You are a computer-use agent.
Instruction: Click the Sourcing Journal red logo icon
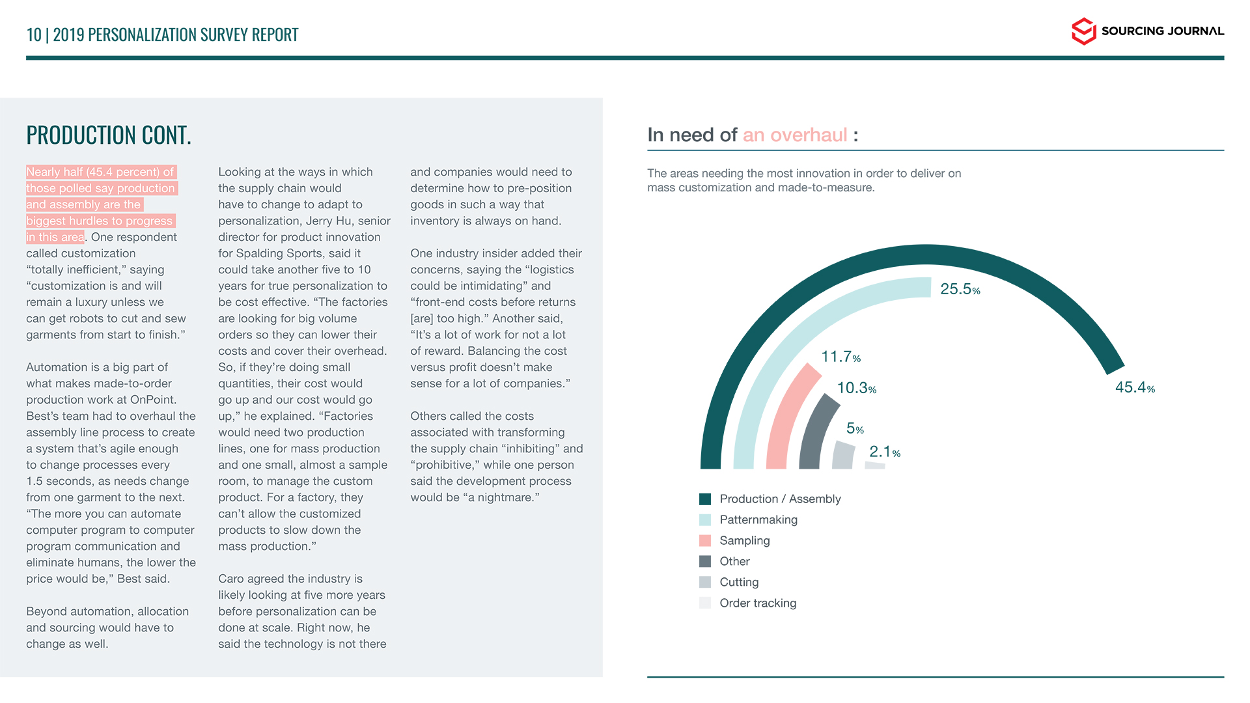1083,31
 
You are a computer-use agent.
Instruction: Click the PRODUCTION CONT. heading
109,135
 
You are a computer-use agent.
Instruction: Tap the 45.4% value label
1135,388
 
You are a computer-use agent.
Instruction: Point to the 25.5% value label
960,289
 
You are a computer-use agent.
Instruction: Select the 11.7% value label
840,357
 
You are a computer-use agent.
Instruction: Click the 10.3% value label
856,389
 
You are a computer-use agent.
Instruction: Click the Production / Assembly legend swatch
705,499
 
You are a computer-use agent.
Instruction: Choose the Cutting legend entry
739,583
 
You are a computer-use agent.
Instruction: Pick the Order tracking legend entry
758,603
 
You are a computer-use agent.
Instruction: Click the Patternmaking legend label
758,520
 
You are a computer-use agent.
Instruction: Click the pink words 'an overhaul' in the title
795,135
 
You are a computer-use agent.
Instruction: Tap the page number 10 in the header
33,34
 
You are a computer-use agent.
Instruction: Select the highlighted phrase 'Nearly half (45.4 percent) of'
100,172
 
